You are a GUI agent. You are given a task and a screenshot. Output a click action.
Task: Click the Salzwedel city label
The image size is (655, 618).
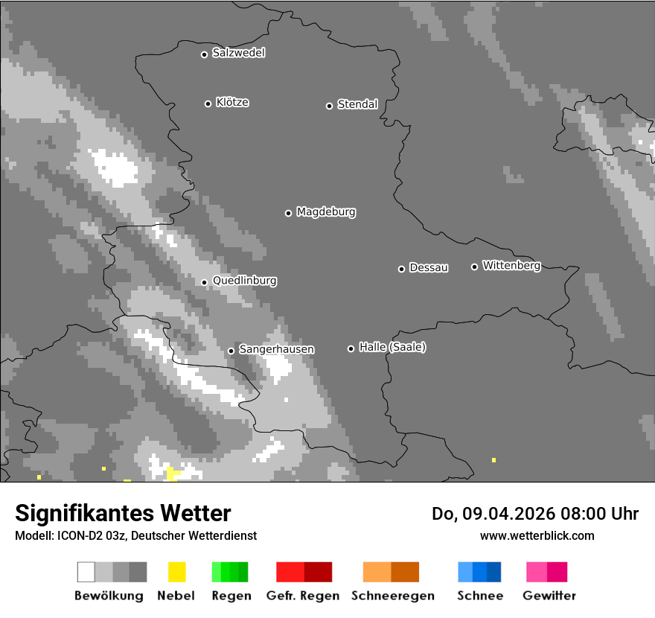(x=238, y=53)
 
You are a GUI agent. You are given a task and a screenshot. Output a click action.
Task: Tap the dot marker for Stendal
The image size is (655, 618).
(x=329, y=106)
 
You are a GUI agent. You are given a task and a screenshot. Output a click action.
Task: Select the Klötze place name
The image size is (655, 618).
(x=232, y=102)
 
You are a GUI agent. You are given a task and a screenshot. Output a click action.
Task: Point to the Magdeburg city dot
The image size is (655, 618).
(x=288, y=213)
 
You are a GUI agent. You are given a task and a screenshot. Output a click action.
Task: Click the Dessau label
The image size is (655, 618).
(x=429, y=268)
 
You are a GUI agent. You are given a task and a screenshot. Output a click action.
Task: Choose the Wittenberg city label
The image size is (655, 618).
(x=511, y=266)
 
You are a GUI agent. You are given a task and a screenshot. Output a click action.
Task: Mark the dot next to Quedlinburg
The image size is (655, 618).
(x=204, y=282)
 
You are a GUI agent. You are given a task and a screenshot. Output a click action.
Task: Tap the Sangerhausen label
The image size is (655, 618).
(x=276, y=349)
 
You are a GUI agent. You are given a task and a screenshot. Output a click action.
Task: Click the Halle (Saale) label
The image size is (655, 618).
(x=392, y=347)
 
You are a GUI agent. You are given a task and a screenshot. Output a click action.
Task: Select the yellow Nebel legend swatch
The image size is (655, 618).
(x=176, y=572)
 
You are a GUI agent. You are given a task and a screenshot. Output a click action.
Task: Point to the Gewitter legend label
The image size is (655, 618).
(x=549, y=596)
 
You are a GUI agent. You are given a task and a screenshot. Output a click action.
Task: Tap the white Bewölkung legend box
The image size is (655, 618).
(x=86, y=572)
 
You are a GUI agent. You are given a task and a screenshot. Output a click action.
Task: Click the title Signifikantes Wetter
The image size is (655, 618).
(x=123, y=513)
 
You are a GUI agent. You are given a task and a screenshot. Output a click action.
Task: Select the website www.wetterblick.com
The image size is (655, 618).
(x=537, y=535)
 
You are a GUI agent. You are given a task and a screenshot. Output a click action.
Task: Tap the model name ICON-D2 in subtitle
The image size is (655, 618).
(x=78, y=535)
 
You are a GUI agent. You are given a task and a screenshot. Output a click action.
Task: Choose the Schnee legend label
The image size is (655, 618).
(x=480, y=596)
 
